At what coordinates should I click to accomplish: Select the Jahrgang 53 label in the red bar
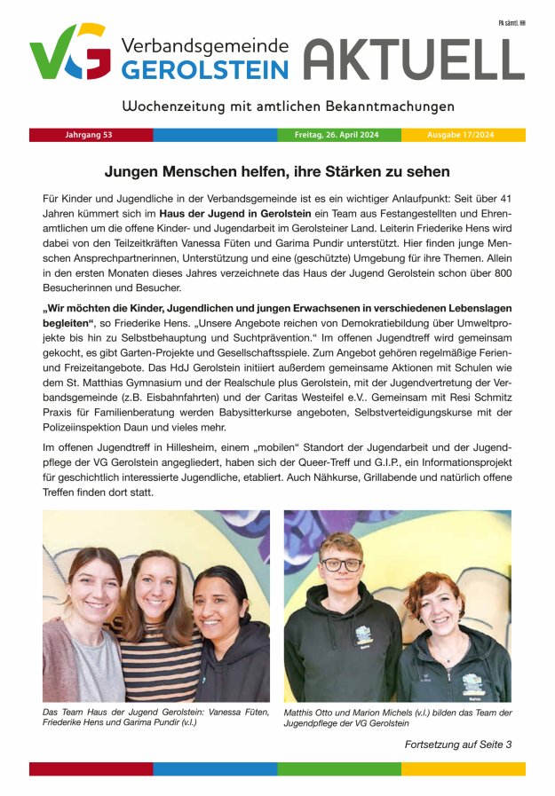click(89, 135)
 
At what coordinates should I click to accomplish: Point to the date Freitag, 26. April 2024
click(336, 135)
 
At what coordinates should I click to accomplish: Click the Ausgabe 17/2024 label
click(460, 135)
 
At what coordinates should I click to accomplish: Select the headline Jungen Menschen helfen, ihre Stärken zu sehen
click(277, 171)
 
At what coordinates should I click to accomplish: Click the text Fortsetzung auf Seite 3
click(457, 744)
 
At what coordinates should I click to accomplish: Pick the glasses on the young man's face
click(341, 565)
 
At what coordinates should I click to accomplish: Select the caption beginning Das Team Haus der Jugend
click(132, 717)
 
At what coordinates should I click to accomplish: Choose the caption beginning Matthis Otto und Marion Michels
click(397, 718)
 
